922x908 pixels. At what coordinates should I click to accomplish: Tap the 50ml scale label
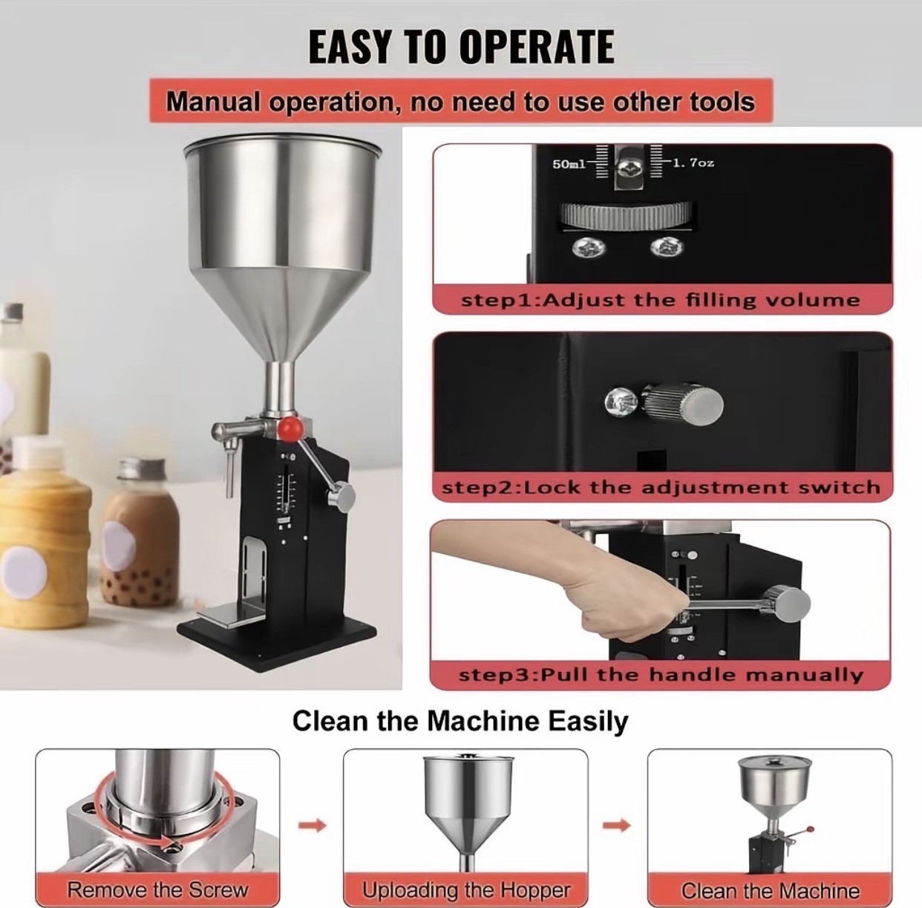click(569, 163)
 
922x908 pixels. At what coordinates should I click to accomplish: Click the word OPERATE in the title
click(537, 47)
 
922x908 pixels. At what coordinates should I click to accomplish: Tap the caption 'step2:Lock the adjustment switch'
click(661, 488)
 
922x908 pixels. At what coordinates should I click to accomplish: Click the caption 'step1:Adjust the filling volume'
click(661, 300)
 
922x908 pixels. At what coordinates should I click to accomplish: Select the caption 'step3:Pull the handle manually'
click(661, 675)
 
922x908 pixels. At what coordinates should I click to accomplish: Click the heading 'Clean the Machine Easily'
click(460, 721)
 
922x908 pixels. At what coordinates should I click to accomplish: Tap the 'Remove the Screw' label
click(157, 889)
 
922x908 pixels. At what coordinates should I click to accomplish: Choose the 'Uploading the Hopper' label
click(465, 889)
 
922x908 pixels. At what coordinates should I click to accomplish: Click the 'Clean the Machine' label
click(770, 889)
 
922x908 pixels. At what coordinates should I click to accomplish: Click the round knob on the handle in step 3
click(786, 601)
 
